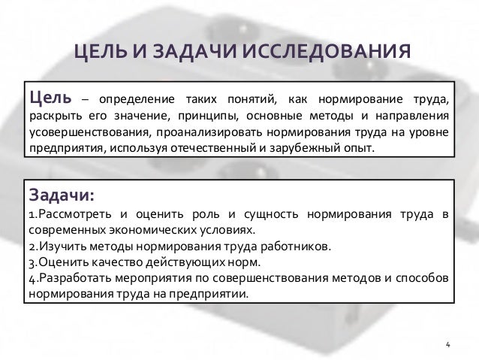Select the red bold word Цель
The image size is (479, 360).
[x=50, y=99]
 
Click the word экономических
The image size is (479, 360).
[x=148, y=231]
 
